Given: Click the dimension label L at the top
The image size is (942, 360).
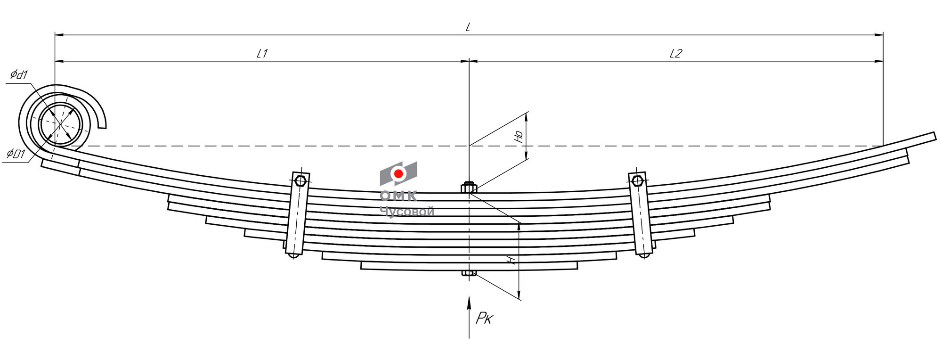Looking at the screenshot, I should point(468,27).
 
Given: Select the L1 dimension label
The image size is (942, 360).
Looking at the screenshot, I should point(262,54).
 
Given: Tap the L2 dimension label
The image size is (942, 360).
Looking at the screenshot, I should point(675,54).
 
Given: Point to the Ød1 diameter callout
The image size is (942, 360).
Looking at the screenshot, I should point(19,75).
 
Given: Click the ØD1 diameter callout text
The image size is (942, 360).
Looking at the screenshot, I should point(16,154).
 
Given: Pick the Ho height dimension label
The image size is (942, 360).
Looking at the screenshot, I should point(519,137).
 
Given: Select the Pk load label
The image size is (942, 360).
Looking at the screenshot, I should point(484,319).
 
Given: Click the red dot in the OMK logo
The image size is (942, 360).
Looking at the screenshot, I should point(398,174).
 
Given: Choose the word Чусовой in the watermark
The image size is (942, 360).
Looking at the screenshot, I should point(406,212).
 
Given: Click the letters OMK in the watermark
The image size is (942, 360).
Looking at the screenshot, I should point(398,196).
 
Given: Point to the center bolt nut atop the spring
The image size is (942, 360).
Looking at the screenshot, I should point(469,188).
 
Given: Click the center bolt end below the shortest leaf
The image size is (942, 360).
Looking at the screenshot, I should point(469,273).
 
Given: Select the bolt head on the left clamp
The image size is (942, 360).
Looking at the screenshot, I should point(300,180).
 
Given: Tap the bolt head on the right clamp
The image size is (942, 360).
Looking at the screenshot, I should point(637,180).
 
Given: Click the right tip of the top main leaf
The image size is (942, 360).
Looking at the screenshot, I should point(934,136).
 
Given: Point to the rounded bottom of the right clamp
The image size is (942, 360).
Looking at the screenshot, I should point(644,255).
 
